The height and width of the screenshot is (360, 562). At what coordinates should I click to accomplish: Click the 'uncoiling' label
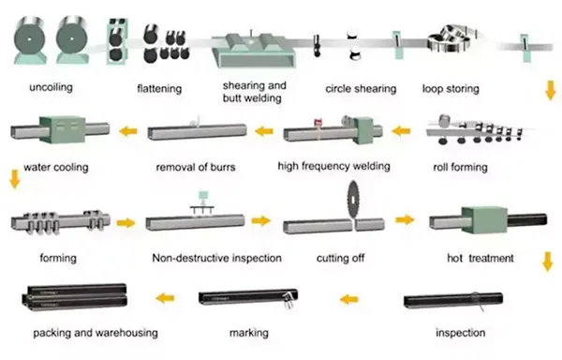tap(51, 87)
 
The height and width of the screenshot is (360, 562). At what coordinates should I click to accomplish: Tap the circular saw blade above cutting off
tap(354, 200)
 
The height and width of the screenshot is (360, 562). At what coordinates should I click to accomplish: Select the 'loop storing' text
tap(451, 88)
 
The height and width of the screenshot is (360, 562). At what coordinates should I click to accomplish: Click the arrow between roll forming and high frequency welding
tap(401, 131)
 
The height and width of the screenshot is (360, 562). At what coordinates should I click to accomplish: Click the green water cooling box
tap(63, 129)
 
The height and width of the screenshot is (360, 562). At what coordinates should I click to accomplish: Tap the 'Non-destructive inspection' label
tap(217, 258)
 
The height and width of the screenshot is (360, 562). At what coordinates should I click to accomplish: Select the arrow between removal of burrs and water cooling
tap(128, 131)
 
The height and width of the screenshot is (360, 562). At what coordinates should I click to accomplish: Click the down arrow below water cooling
tap(15, 179)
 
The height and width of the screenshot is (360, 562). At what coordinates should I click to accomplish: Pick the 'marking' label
tap(249, 333)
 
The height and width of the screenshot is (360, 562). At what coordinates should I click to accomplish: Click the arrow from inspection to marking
tap(349, 299)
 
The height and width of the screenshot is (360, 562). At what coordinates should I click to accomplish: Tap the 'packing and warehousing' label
tap(96, 333)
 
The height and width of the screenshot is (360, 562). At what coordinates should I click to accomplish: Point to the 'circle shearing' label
tap(361, 88)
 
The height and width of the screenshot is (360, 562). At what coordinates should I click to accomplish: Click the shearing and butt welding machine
tap(254, 51)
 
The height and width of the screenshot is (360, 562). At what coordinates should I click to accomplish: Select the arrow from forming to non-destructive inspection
tap(126, 223)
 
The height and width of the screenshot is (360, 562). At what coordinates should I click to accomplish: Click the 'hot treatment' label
tap(481, 258)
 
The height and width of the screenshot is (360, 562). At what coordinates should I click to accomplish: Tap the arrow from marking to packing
tap(165, 297)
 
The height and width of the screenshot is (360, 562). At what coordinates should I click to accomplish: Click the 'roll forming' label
tap(460, 167)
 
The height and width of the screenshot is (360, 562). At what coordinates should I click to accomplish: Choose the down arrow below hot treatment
tap(548, 262)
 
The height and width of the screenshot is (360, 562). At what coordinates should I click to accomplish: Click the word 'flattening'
tap(159, 88)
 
